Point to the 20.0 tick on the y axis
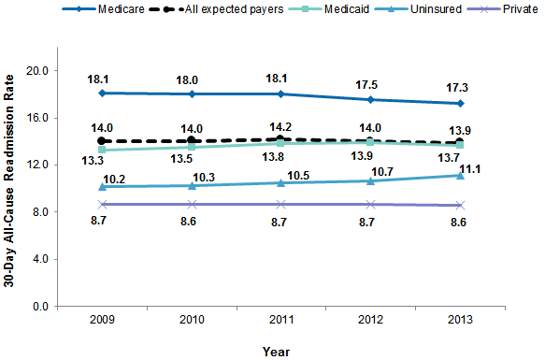point(38,70)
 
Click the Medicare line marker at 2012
point(371,99)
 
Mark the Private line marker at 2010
point(192,204)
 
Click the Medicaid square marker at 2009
point(102,149)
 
